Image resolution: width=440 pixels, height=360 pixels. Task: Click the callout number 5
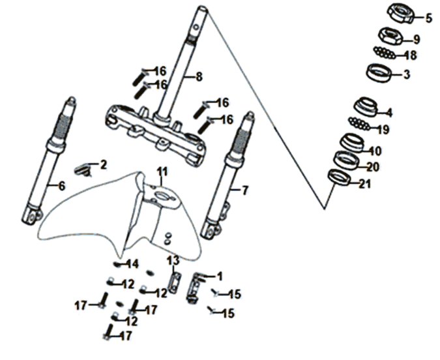(428, 18)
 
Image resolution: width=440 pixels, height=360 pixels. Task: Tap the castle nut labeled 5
(400, 14)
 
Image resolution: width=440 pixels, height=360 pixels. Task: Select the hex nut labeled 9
(391, 37)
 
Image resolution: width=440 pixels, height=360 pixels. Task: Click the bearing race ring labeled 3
(379, 73)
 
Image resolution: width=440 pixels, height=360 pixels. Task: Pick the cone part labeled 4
(366, 107)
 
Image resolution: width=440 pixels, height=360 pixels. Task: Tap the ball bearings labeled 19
(359, 123)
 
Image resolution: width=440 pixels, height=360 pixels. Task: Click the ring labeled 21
(340, 178)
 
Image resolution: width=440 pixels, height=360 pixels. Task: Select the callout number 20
(373, 167)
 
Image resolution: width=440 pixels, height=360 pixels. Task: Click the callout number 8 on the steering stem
(199, 76)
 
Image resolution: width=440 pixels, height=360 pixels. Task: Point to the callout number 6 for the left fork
(61, 186)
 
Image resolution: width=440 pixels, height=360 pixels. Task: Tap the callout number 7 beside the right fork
(244, 190)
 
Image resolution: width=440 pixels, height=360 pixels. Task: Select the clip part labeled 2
(83, 170)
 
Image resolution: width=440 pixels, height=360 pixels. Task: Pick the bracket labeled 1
(195, 288)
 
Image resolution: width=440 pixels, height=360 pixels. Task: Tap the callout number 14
(133, 264)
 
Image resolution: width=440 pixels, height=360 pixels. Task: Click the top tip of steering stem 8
(203, 8)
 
